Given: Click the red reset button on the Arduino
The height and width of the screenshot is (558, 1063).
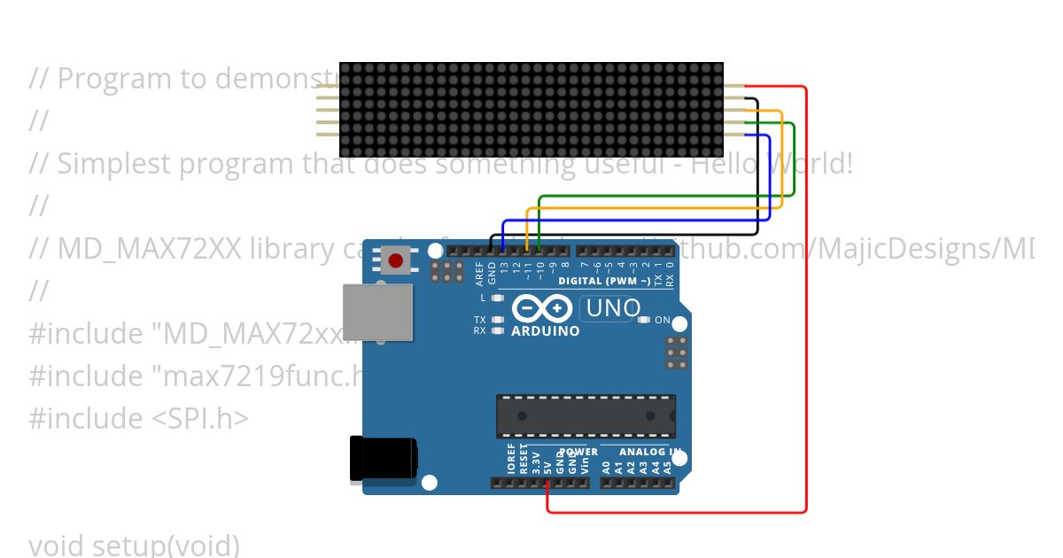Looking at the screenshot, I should pos(396,260).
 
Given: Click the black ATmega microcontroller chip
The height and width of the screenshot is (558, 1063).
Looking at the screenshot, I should pos(586,415).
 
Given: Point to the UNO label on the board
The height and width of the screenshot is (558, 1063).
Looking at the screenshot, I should pos(610,308).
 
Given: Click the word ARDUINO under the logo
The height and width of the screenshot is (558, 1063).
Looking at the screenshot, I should pos(546,331).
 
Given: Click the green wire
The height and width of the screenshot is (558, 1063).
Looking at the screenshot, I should pos(794,159).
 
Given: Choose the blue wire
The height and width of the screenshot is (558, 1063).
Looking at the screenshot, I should pos(769,177).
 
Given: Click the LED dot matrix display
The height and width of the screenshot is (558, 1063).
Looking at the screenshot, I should pos(531,111).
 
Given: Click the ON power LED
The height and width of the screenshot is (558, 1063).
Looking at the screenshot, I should pos(644,320).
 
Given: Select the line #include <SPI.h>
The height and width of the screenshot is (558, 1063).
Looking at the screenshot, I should pos(138,418).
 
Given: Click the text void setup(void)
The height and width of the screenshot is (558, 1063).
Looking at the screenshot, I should pos(134,544).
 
